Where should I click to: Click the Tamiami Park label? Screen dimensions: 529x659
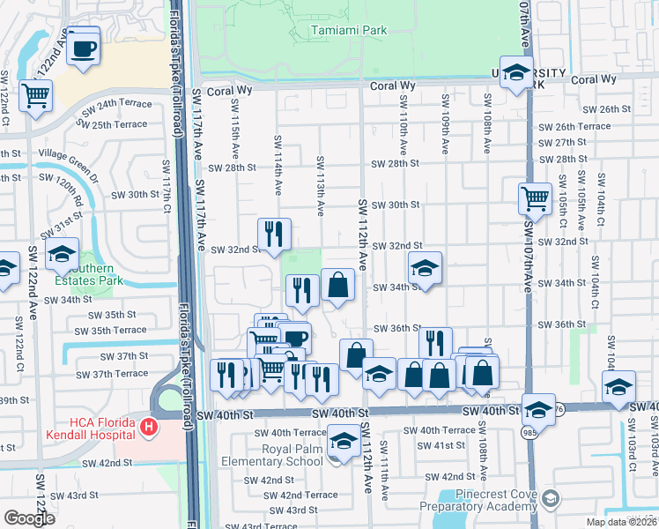[349, 31]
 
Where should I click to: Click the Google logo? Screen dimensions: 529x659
[29, 518]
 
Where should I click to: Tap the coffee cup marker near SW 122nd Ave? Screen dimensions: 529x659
[84, 48]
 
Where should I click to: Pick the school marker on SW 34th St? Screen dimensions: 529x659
[425, 268]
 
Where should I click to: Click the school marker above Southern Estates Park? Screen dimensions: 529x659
[62, 255]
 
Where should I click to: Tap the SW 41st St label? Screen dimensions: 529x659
[455, 445]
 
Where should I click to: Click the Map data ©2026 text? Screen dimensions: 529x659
[619, 522]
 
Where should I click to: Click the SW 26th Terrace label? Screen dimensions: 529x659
[574, 126]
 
